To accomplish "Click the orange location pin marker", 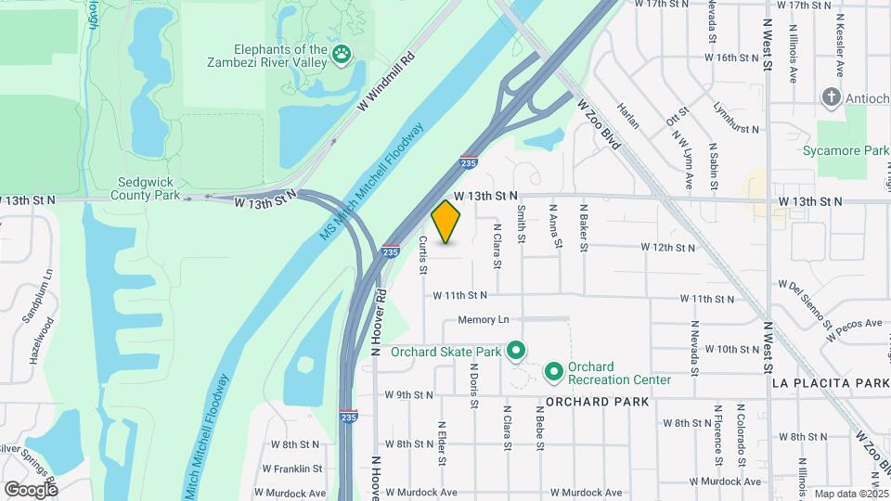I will (446, 222).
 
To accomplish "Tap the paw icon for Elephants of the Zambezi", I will (343, 55).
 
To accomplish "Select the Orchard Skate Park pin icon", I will (517, 351).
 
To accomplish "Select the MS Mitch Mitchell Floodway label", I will (370, 184).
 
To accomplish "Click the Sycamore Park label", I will (859, 150).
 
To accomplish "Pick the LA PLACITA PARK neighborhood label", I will (831, 382).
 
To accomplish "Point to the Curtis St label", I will (422, 255).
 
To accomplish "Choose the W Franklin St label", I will (291, 469).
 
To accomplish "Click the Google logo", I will (31, 489).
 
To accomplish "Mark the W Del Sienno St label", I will (807, 302).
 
